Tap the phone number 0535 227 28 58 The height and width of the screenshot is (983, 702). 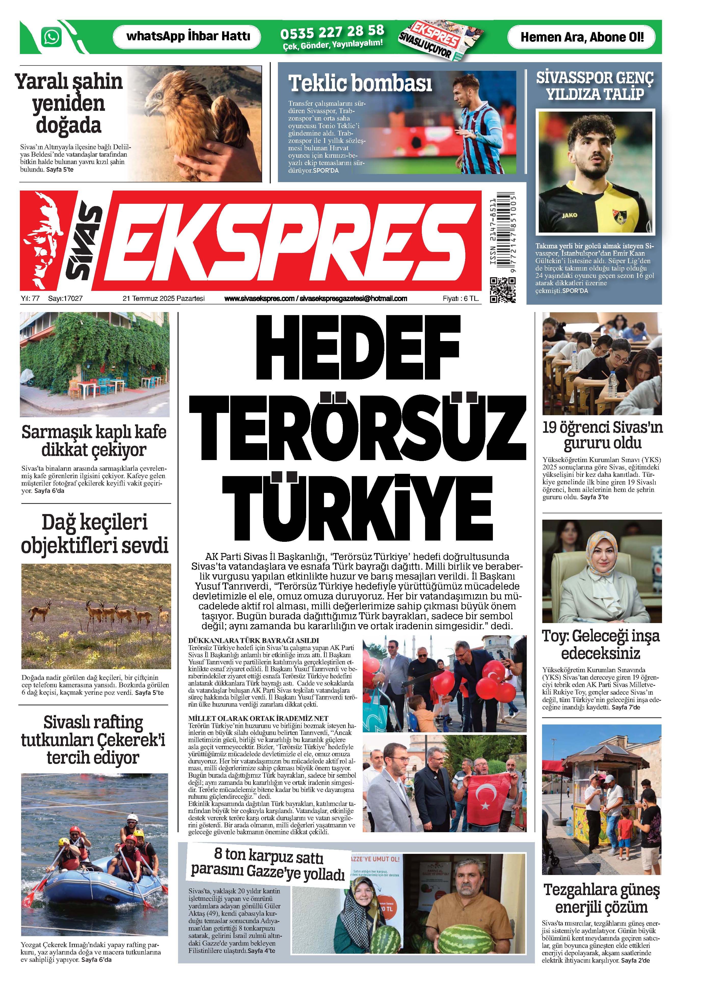pos(332,32)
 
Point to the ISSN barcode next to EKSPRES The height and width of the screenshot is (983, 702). pos(502,233)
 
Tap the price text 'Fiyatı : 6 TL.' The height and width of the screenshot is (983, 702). pos(460,298)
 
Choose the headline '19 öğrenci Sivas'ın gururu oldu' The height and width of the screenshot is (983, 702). pos(602,435)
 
